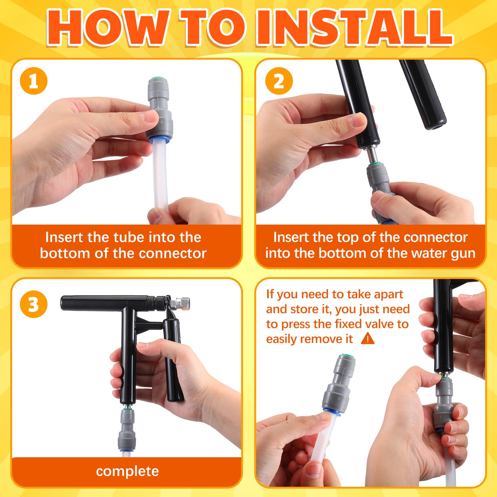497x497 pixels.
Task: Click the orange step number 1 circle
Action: (34, 81)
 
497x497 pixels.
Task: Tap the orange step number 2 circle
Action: (279, 81)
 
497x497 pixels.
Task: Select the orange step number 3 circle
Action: (34, 304)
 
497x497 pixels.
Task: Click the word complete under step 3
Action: (127, 472)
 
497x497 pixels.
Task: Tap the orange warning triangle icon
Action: (368, 338)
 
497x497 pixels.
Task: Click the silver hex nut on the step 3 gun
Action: (183, 302)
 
